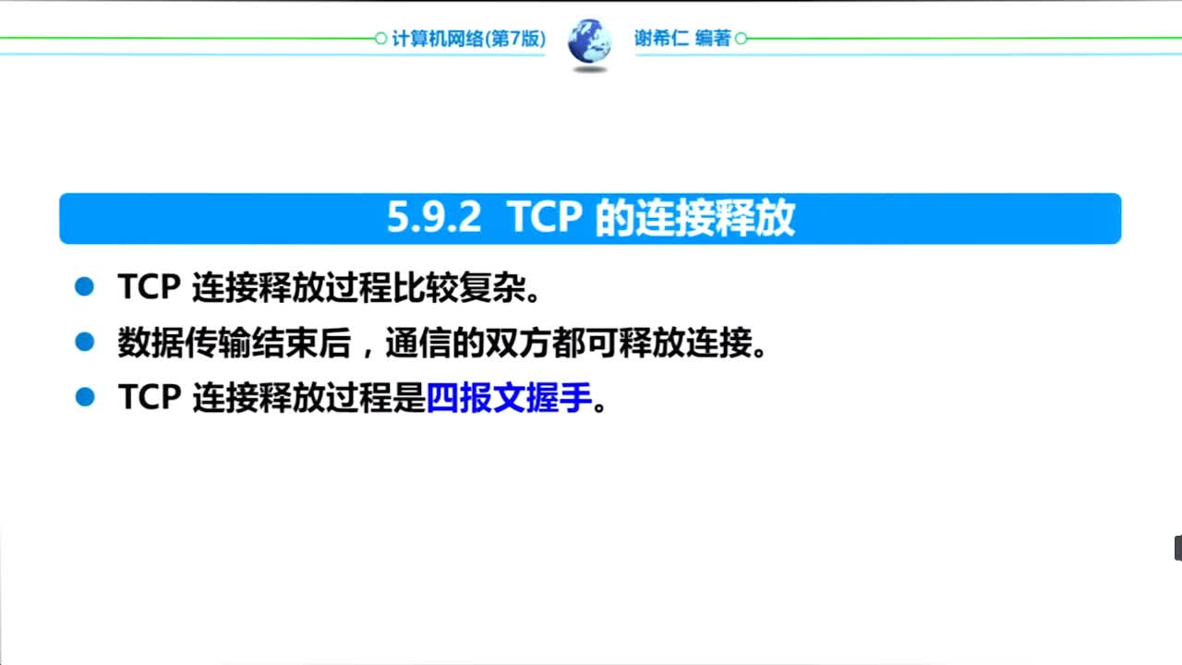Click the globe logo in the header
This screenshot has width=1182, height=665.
coord(589,42)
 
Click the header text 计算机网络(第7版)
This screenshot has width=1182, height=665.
coord(468,39)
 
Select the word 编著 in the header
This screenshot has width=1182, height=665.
coord(713,39)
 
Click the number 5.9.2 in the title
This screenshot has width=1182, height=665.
coord(434,219)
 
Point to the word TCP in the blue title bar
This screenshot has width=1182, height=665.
coord(545,219)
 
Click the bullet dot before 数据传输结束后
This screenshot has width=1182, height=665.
coord(85,343)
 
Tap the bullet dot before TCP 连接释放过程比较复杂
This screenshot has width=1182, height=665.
coord(85,287)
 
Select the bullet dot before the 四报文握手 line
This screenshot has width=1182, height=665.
coord(85,398)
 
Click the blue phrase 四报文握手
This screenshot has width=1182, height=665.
coord(508,398)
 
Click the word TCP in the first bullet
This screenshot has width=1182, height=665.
coord(148,288)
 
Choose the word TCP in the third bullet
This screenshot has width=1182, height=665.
coord(148,398)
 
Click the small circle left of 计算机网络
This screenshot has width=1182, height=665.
coord(380,39)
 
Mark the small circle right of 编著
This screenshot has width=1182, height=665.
coord(741,39)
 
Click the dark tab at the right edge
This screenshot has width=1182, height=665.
coord(1177,548)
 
